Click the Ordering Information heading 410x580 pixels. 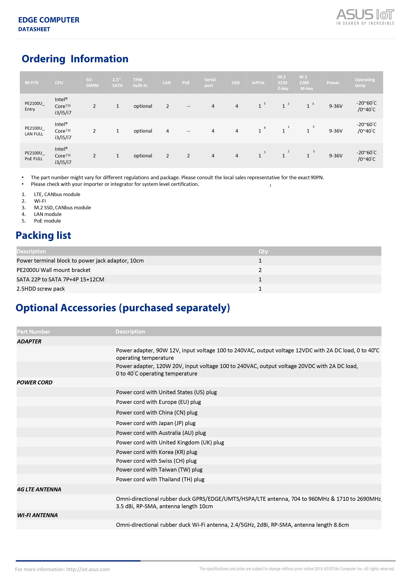(75, 59)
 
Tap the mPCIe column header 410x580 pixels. (258, 83)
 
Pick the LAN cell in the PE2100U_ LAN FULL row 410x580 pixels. (167, 131)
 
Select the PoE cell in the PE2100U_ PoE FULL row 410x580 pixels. (188, 156)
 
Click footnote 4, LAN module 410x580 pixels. (48, 214)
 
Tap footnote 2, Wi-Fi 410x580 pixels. (40, 201)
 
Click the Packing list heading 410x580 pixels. (43, 235)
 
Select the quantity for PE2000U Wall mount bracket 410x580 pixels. (260, 270)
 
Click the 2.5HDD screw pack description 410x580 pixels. (41, 289)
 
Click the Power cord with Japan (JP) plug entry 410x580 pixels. (156, 423)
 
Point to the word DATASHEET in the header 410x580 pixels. (34, 29)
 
